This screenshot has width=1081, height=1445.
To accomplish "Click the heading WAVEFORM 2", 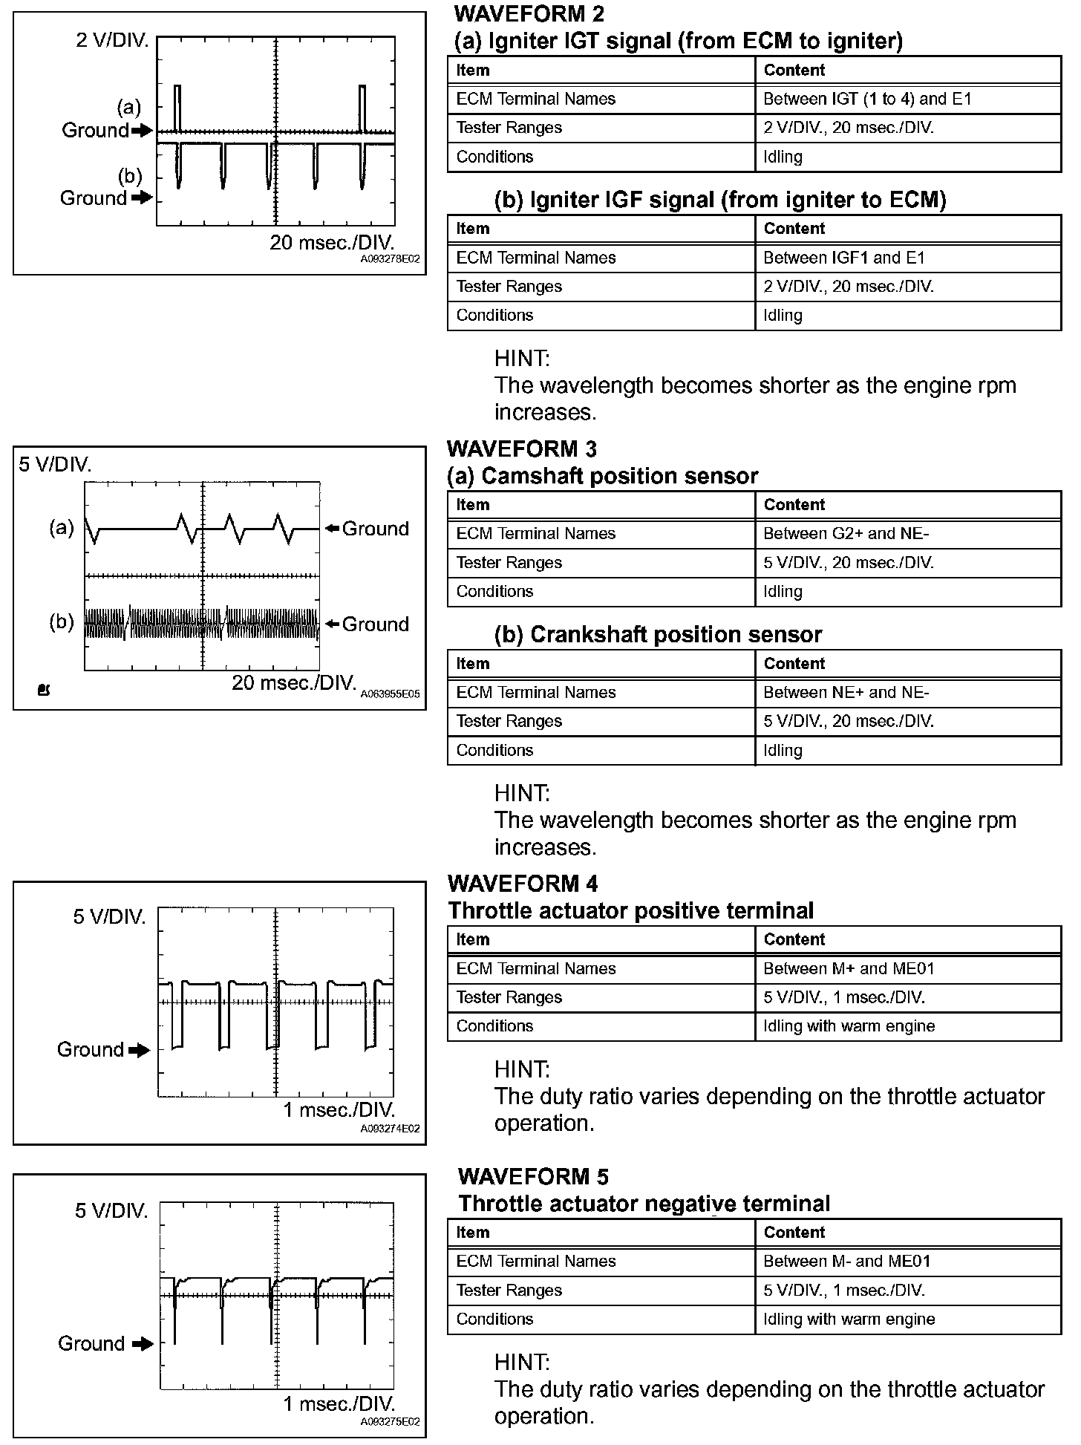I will (x=529, y=13).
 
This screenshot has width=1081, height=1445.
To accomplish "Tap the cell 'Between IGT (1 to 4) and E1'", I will (x=867, y=99).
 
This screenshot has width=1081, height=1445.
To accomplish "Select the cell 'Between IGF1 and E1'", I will (x=844, y=258).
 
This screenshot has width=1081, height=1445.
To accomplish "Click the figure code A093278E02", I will (x=391, y=260).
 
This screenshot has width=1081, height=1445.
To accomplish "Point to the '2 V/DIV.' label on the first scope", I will (x=112, y=40).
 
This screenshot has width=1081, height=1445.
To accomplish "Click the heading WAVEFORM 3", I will (x=522, y=448).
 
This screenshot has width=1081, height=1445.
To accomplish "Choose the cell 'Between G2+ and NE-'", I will (x=846, y=533).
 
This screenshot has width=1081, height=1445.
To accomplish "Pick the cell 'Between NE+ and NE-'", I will (x=846, y=692).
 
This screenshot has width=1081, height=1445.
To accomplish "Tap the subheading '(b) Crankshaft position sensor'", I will (x=658, y=634).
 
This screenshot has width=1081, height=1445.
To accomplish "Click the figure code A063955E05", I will (x=391, y=694).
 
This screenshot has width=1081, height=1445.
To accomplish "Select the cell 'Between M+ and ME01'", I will (x=846, y=968).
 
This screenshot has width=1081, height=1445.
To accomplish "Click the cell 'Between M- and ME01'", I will (x=847, y=1261).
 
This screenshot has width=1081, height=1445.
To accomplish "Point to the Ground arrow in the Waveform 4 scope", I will (x=140, y=1050).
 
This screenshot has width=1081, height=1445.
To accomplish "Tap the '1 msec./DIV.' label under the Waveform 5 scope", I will (x=339, y=1403).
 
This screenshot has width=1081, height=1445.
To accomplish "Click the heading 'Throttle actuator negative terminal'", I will (x=644, y=1203).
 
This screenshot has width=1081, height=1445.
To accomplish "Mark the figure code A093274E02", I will (x=391, y=1129).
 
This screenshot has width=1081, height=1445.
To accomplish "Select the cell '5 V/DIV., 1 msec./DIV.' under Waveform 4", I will (x=844, y=997).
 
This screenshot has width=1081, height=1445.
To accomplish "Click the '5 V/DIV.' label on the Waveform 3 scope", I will (x=55, y=465).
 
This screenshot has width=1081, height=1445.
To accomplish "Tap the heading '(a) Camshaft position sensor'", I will (x=602, y=476).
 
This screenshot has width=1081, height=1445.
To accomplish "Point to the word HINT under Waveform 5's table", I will (x=522, y=1362).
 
